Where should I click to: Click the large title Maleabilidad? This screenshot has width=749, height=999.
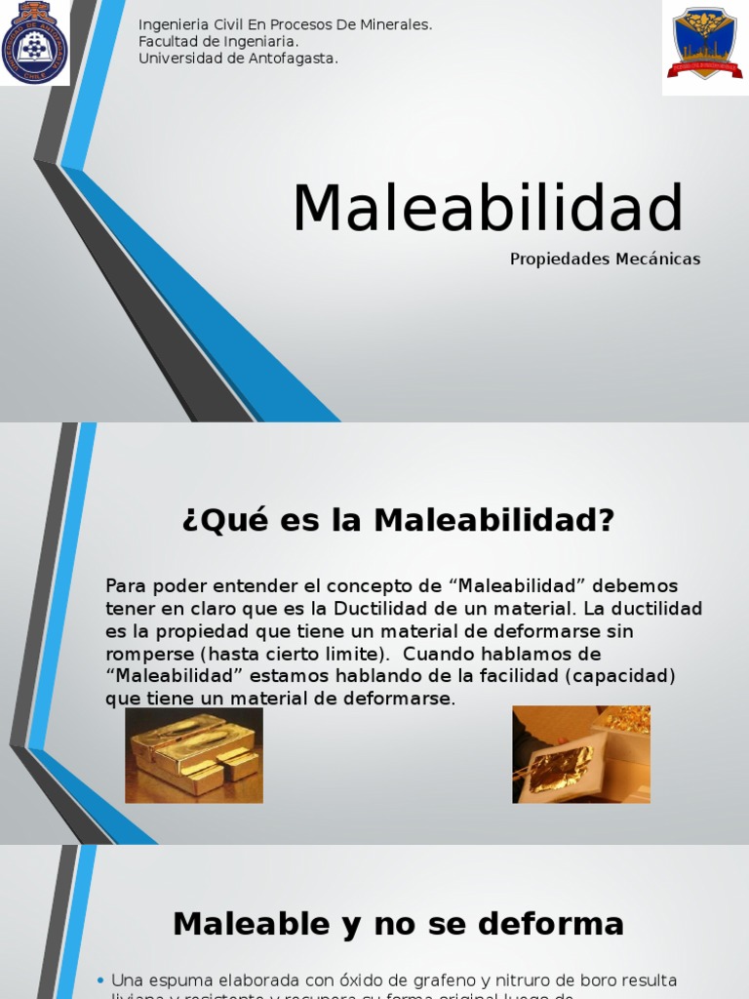tap(488, 208)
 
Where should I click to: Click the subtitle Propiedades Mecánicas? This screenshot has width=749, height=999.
tap(605, 260)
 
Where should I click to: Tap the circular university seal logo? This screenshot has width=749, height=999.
tap(35, 42)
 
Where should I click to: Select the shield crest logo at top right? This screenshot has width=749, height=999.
tap(704, 44)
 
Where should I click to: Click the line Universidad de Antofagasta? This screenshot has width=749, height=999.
tap(238, 59)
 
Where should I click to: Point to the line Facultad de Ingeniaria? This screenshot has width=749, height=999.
tap(218, 42)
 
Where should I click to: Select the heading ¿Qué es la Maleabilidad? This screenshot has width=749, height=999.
tap(398, 520)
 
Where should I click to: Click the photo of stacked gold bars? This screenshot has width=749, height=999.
tap(194, 755)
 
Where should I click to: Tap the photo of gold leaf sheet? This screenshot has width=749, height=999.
tap(581, 755)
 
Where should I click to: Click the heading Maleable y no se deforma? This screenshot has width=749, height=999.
tap(398, 923)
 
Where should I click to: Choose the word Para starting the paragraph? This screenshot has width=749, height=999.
tap(124, 586)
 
